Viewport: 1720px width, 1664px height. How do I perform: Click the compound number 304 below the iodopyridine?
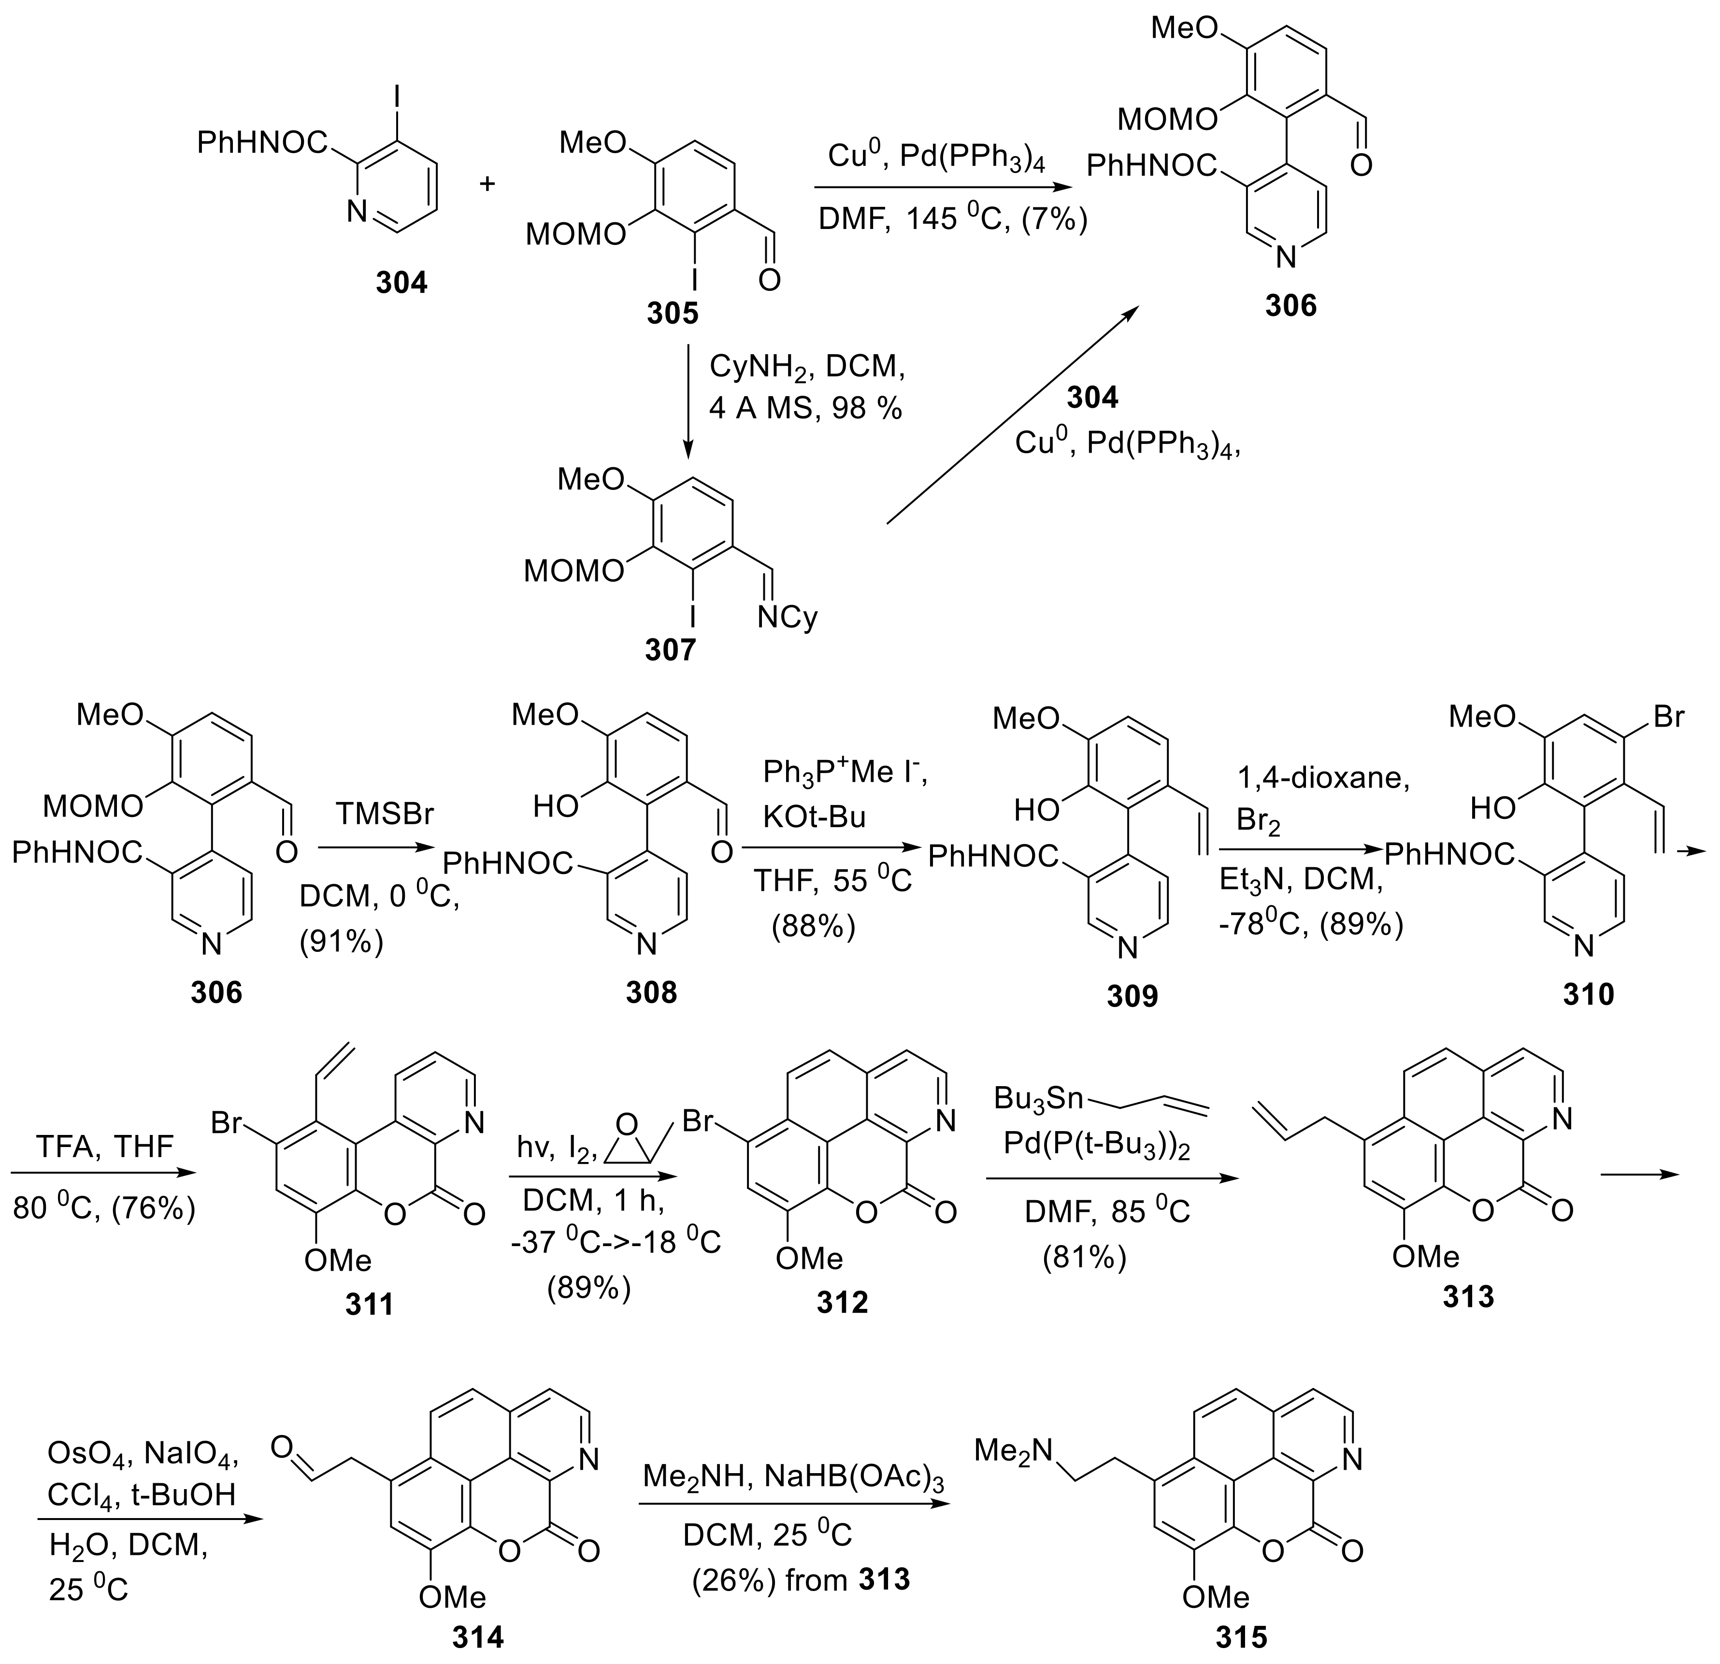401,283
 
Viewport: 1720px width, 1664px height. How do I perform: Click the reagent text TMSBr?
385,815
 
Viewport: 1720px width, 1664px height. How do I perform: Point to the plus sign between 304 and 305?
486,184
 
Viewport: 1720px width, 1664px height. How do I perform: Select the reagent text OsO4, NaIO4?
143,1456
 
